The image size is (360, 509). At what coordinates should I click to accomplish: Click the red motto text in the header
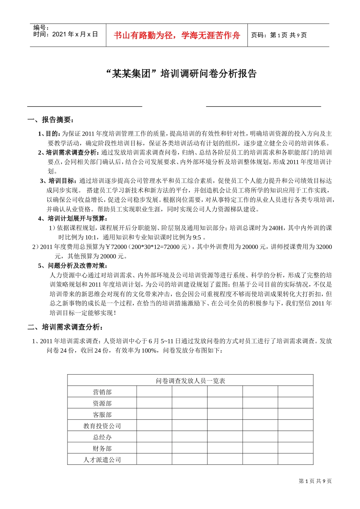pyautogui.click(x=177, y=36)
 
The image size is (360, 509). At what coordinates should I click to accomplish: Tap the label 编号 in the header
pyautogui.click(x=41, y=27)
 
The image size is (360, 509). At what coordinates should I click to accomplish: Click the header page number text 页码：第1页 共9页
pyautogui.click(x=279, y=35)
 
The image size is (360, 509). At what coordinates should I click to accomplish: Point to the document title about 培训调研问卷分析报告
pyautogui.click(x=180, y=73)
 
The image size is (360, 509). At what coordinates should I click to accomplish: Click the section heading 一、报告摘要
pyautogui.click(x=51, y=120)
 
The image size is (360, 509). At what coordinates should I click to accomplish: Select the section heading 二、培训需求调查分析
pyautogui.click(x=65, y=327)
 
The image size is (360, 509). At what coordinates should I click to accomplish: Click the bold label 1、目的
pyautogui.click(x=49, y=134)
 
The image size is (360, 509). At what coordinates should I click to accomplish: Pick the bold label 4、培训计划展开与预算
pyautogui.click(x=73, y=219)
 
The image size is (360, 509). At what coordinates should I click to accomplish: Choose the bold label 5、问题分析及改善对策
pyautogui.click(x=73, y=265)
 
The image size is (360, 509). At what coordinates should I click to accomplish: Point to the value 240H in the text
pyautogui.click(x=276, y=228)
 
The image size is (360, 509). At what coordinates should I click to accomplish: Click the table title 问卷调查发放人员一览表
pyautogui.click(x=190, y=381)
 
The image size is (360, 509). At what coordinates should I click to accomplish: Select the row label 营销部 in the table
pyautogui.click(x=102, y=392)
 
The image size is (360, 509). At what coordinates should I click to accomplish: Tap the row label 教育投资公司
pyautogui.click(x=102, y=426)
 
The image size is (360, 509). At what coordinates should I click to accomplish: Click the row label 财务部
pyautogui.click(x=102, y=449)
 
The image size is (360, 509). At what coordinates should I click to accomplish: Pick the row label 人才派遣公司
pyautogui.click(x=102, y=460)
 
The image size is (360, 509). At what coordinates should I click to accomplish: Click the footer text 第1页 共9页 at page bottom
pyautogui.click(x=315, y=481)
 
